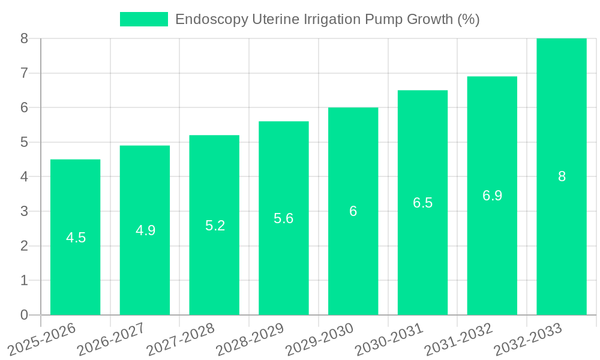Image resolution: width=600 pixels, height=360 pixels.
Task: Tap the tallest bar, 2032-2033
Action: click(562, 120)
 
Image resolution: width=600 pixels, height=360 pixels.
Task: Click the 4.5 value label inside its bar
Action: click(76, 238)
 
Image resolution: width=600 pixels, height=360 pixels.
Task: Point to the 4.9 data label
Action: click(146, 230)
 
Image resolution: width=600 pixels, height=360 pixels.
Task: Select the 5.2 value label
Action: click(215, 226)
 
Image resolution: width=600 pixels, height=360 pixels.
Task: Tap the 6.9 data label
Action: click(492, 196)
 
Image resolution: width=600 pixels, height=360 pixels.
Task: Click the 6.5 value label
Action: click(422, 203)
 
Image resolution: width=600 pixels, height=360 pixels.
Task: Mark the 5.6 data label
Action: click(284, 218)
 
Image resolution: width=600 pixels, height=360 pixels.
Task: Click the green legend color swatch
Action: click(144, 19)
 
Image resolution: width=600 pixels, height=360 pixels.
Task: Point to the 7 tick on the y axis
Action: click(24, 73)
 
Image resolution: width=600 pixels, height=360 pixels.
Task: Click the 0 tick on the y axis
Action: click(24, 315)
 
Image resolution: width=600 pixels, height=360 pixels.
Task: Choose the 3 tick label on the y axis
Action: click(24, 211)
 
